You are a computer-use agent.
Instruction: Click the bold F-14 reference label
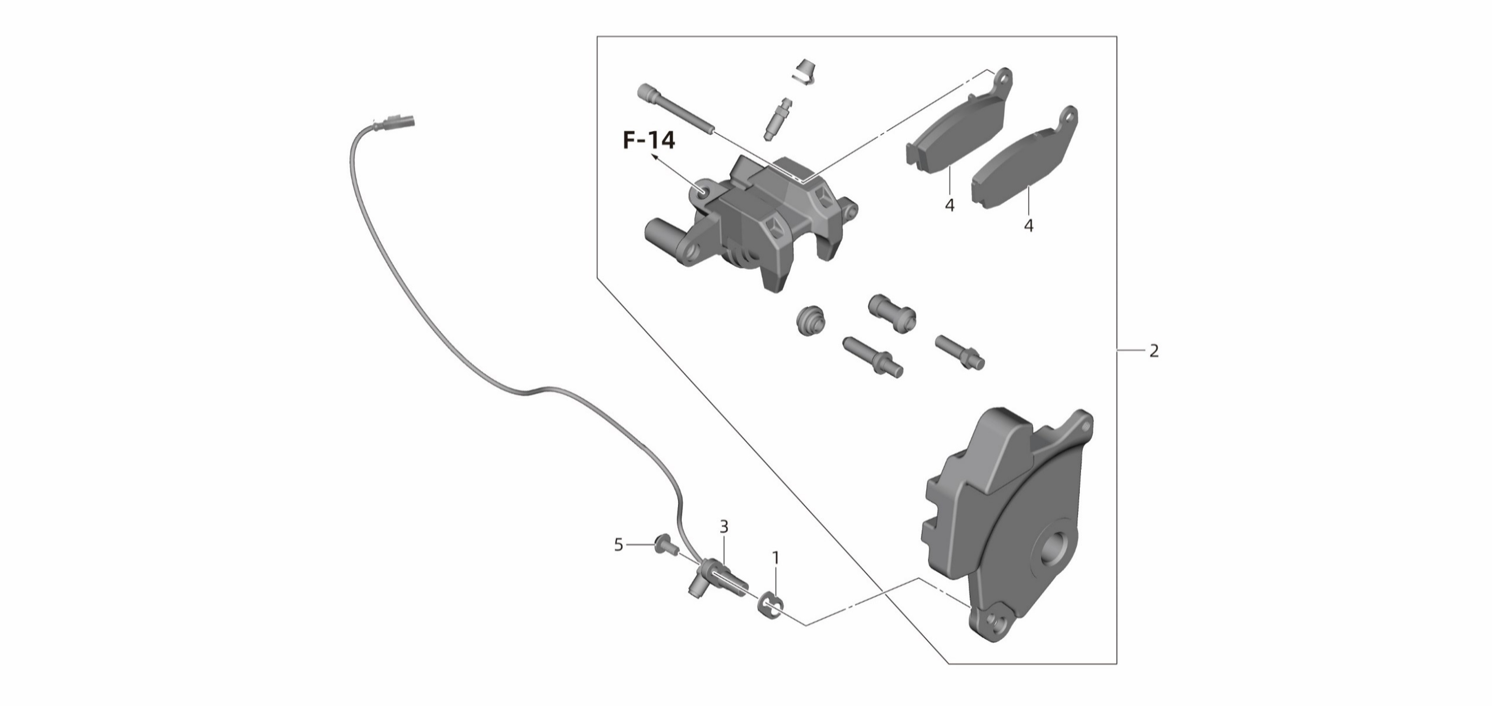tap(649, 141)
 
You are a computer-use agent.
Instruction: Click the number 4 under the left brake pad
tap(949, 205)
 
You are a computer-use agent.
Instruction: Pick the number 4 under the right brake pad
tap(1029, 225)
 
